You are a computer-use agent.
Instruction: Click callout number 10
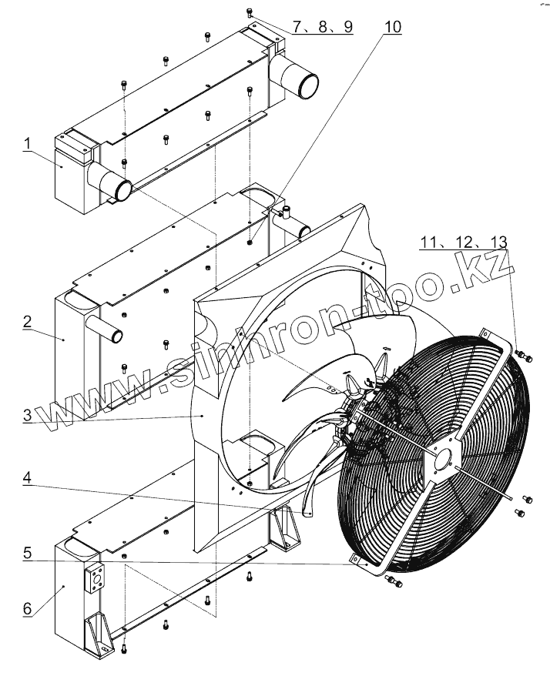392,27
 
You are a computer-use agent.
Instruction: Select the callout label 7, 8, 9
322,27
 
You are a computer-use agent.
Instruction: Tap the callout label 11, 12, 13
464,243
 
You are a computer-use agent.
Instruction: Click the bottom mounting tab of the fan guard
357,560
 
